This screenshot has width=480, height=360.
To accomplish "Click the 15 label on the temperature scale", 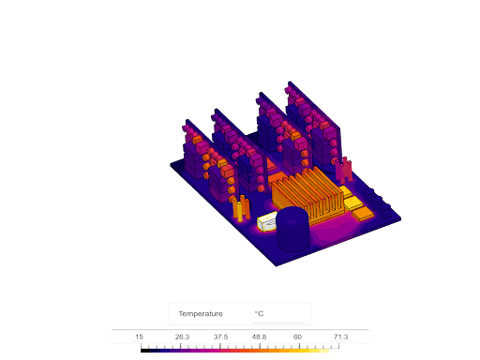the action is click(x=139, y=337).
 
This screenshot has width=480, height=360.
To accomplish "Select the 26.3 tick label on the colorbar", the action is click(x=182, y=337).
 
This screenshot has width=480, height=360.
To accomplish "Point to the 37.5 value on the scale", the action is click(x=220, y=337).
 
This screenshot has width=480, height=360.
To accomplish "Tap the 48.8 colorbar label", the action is click(x=259, y=337).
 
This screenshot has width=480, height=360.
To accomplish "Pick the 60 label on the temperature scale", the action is click(x=297, y=337).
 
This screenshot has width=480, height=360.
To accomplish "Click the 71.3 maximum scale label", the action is click(x=340, y=337).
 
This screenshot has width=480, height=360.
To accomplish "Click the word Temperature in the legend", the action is click(x=201, y=314).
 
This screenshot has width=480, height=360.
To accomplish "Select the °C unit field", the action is click(x=259, y=314).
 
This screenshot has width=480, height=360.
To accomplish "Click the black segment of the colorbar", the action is click(x=145, y=351).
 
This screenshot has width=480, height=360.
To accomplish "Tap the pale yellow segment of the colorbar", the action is click(x=323, y=351).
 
